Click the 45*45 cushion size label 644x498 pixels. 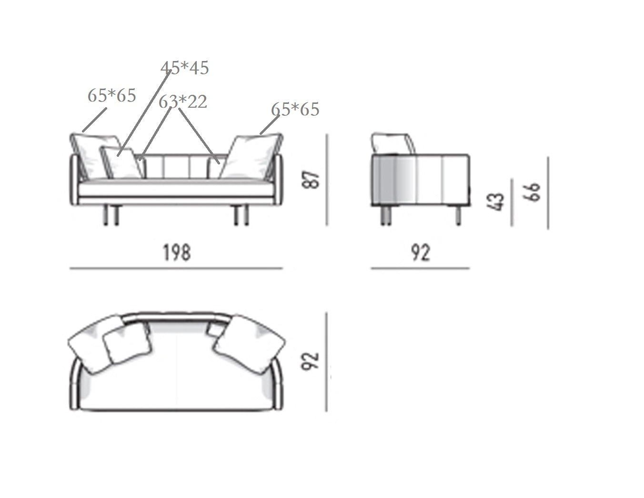point(184,68)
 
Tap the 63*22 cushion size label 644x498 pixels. point(182,102)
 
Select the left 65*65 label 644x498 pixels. point(112,95)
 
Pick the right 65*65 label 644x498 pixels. point(295,109)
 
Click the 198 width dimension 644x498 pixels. point(177,253)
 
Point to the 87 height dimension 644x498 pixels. point(311,180)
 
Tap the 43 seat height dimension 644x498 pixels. point(495,202)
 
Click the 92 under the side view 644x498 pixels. point(420,253)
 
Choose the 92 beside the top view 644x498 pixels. point(310,361)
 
